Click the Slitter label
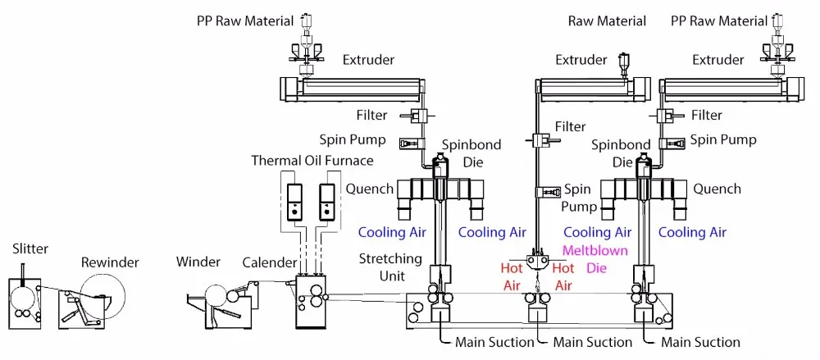click(30, 248)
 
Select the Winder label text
click(198, 262)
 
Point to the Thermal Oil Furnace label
click(312, 161)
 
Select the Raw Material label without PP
click(607, 21)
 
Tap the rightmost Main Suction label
click(700, 342)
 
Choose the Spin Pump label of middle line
click(578, 198)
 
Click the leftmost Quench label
click(370, 189)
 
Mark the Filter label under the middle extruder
click(571, 127)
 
